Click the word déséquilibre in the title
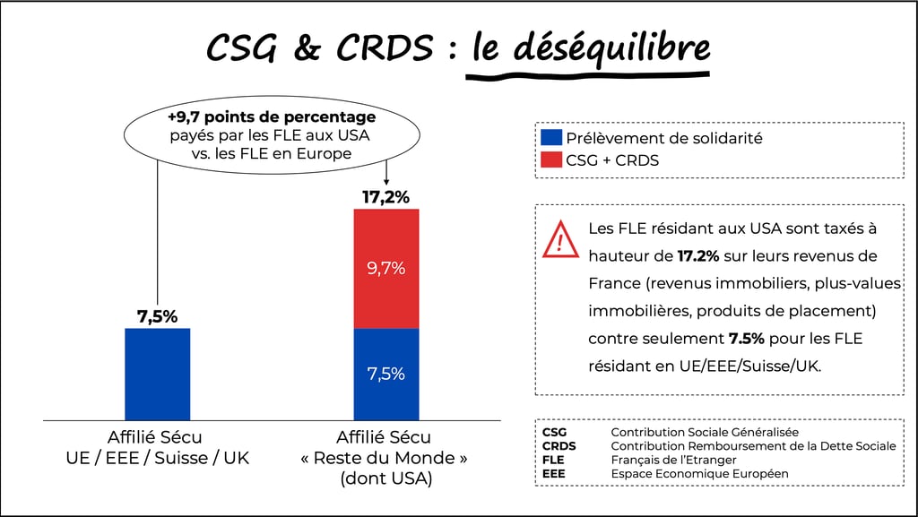(590, 48)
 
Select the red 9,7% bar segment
(386, 268)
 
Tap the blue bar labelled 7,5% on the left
(157, 374)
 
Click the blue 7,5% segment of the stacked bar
(386, 374)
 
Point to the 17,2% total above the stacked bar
(386, 197)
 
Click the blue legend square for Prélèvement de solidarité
(551, 138)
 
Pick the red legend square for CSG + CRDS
(551, 160)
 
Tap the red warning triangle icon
(560, 239)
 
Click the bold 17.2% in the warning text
(698, 256)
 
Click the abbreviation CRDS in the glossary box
(559, 445)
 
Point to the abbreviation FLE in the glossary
(553, 460)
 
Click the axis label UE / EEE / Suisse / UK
(157, 458)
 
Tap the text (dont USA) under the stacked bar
(386, 479)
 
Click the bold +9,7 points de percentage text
(271, 117)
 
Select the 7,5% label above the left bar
(157, 316)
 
